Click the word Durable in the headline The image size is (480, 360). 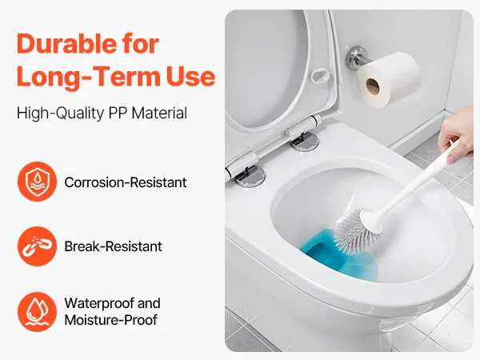(x=66, y=44)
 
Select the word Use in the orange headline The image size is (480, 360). (x=191, y=77)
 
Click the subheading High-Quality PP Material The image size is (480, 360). (x=102, y=113)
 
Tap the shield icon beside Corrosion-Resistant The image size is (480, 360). (x=37, y=182)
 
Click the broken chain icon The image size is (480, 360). (x=37, y=246)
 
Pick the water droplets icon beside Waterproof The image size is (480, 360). (x=37, y=312)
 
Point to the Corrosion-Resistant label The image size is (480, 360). (x=126, y=182)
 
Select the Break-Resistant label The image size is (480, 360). (x=114, y=246)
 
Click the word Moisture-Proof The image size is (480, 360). (x=111, y=320)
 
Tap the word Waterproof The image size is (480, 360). (x=99, y=303)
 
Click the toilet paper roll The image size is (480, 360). (x=389, y=79)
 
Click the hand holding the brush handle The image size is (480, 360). (x=458, y=133)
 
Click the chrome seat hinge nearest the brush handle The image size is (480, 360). (x=304, y=142)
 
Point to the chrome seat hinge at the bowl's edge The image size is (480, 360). (x=249, y=176)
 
